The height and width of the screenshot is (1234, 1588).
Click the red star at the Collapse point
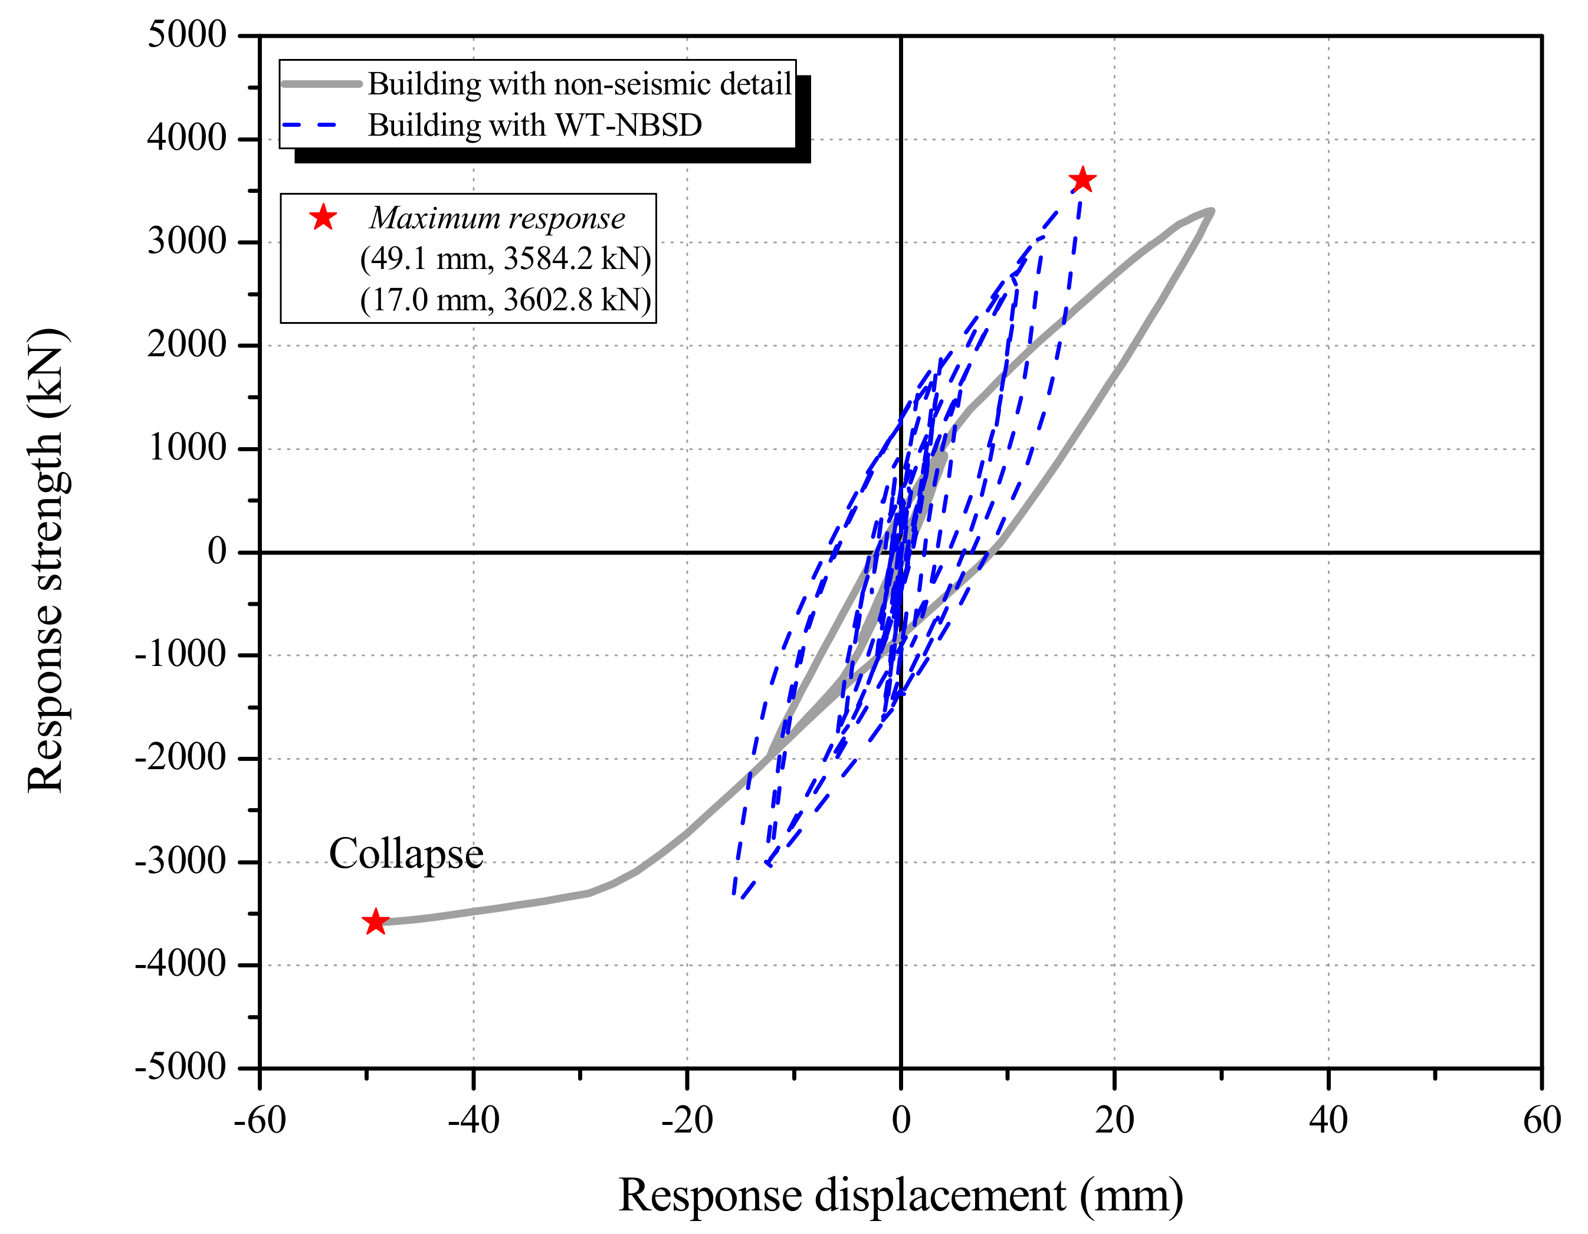tap(375, 921)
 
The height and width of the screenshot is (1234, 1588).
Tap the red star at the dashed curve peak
tap(1082, 179)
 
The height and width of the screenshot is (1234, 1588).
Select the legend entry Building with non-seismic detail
tap(579, 84)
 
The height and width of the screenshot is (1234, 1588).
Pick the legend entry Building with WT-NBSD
tap(534, 125)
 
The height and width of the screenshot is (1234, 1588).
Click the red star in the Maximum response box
tap(323, 218)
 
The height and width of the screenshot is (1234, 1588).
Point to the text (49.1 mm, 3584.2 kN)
tap(506, 258)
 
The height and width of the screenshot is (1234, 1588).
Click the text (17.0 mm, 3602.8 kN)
tap(506, 300)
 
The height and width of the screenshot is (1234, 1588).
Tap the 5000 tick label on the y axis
tap(187, 34)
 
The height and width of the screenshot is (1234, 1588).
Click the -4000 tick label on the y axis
tap(181, 964)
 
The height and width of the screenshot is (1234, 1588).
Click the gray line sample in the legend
tap(321, 84)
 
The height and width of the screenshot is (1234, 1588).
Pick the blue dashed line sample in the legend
tap(310, 125)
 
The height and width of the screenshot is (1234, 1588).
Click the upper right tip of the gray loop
tap(1210, 211)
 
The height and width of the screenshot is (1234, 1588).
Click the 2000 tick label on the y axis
tap(187, 344)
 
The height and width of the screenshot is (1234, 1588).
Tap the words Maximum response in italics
tap(497, 218)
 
